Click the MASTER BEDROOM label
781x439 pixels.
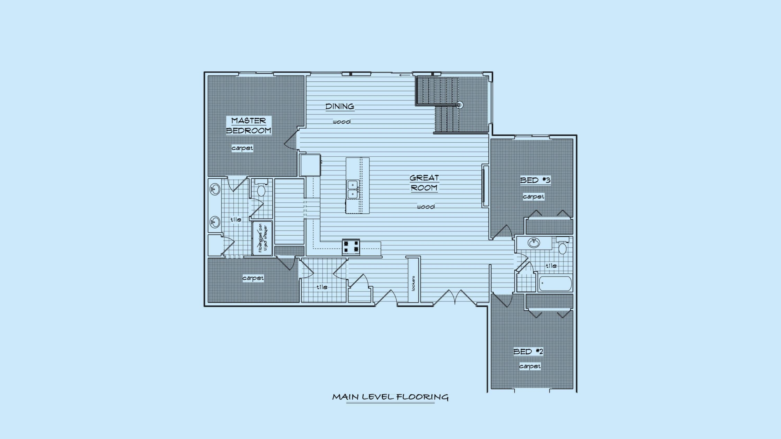[x=248, y=126]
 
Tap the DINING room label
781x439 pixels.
[x=340, y=107]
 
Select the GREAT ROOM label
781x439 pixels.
[x=424, y=183]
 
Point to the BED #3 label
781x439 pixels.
[x=535, y=180]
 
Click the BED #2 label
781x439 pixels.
[x=528, y=352]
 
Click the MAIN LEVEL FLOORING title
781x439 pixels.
[x=390, y=397]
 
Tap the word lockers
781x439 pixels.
[x=413, y=283]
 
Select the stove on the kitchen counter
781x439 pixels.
[x=351, y=247]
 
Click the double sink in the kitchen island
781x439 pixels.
[x=353, y=189]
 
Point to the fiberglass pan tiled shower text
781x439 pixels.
[x=263, y=239]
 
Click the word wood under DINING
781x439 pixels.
[x=342, y=122]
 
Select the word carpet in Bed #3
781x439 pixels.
[x=533, y=197]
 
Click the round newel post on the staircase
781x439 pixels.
[x=459, y=105]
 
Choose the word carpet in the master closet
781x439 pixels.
[x=253, y=278]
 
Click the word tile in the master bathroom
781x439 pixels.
[x=236, y=219]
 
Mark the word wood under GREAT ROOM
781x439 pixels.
[x=426, y=207]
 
